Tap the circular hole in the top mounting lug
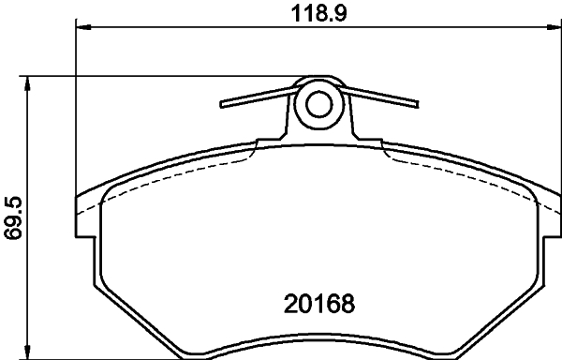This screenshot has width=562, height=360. (x=320, y=104)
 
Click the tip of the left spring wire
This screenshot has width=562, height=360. (x=223, y=103)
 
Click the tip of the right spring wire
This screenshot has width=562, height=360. (x=418, y=98)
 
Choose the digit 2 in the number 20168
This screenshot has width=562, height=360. (x=290, y=305)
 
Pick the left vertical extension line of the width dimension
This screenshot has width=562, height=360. (x=75, y=112)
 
